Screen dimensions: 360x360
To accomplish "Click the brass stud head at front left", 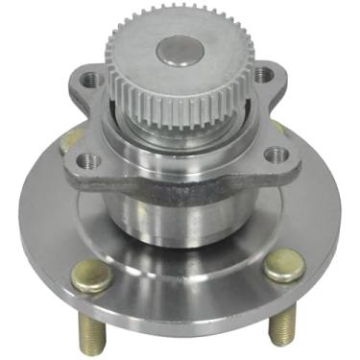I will [x=91, y=276].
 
